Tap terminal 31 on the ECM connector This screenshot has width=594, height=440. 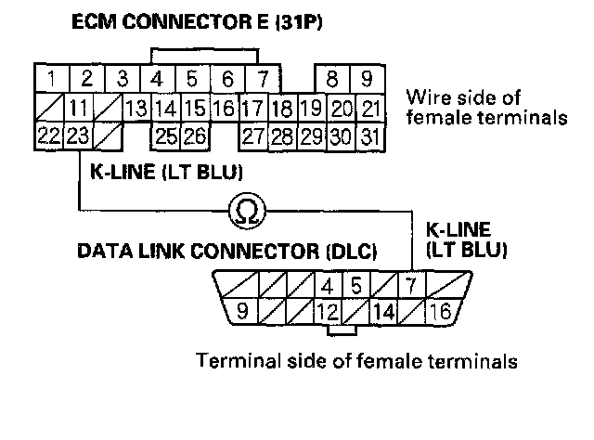pyautogui.click(x=370, y=136)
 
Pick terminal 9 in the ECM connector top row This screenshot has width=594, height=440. pyautogui.click(x=368, y=78)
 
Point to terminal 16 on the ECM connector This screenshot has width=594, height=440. pyautogui.click(x=224, y=108)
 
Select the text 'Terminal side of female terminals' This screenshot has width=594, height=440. pyautogui.click(x=355, y=360)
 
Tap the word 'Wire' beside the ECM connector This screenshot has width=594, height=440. pyautogui.click(x=427, y=97)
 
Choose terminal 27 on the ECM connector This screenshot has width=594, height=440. pyautogui.click(x=252, y=136)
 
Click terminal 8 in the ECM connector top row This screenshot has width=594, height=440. pyautogui.click(x=332, y=78)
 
